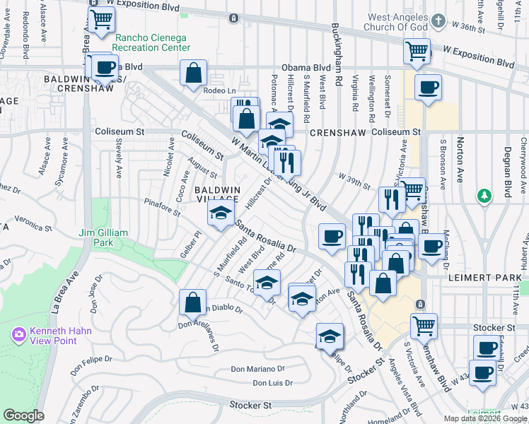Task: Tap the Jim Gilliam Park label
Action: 103,237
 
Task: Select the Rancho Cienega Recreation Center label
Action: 152,42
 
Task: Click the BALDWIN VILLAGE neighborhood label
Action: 218,195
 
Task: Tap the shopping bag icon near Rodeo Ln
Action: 193,73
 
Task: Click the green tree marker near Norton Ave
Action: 484,195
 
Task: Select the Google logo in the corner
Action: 24,416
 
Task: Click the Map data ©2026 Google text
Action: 485,418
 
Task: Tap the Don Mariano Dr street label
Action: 258,369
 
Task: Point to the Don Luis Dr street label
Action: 272,383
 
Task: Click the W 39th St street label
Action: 354,180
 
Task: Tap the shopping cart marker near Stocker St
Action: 424,326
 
